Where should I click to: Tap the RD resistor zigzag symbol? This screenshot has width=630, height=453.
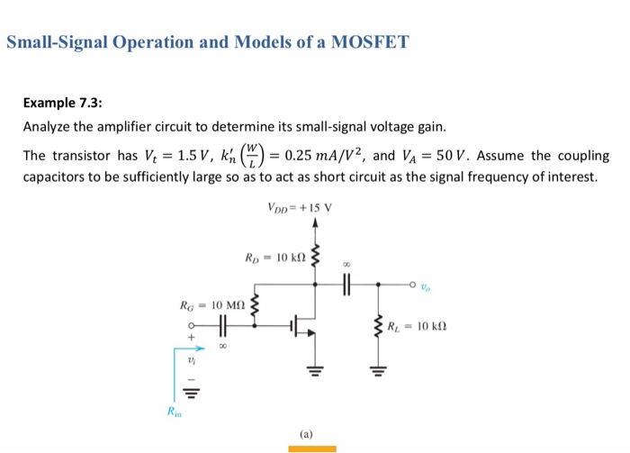click(315, 256)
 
